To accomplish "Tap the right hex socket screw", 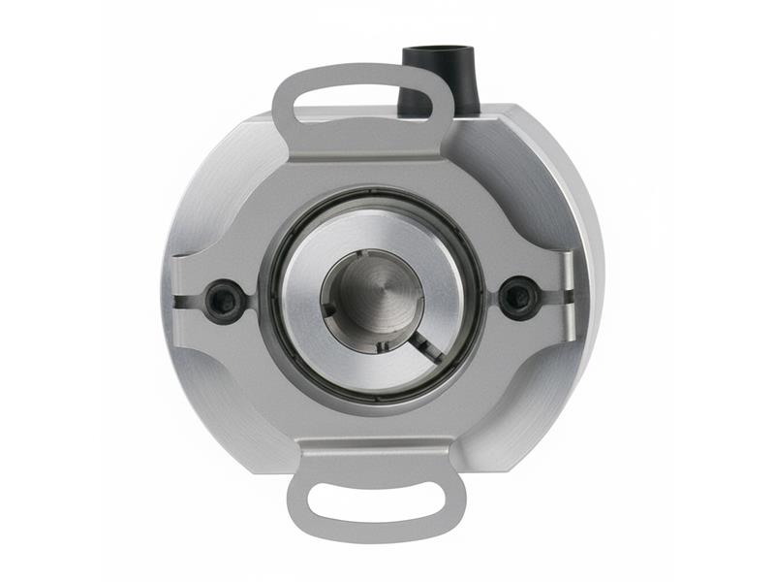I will pos(518,296).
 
